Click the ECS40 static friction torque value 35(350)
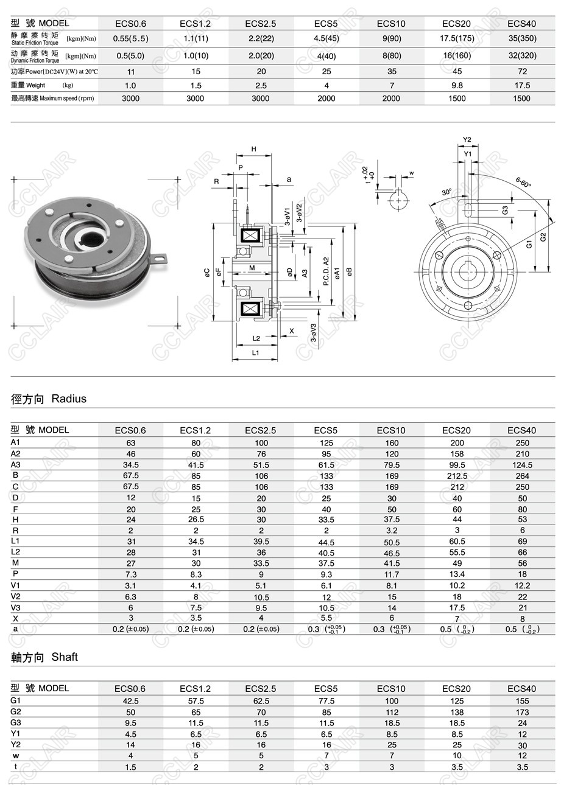522,38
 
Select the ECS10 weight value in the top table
392,85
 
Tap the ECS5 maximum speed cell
326,99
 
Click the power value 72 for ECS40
522,71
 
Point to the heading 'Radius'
69,399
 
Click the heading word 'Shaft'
65,657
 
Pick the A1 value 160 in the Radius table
392,443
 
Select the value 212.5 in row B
457,476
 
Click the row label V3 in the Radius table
16,607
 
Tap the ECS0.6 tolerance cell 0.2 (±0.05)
130,629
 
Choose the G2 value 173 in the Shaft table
522,712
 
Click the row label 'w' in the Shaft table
15,756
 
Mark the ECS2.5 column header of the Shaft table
261,689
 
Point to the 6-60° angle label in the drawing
523,183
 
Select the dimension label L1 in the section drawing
256,352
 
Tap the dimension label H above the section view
253,149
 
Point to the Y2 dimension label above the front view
467,139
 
